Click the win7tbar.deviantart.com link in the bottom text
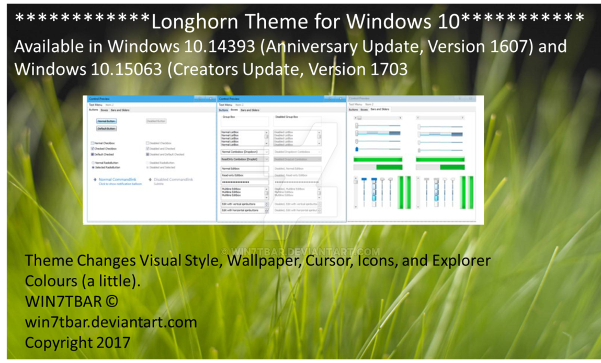click(x=111, y=322)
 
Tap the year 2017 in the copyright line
click(x=113, y=343)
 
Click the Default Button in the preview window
click(x=107, y=128)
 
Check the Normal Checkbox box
click(x=93, y=143)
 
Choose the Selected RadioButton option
click(x=93, y=168)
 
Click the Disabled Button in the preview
click(x=156, y=121)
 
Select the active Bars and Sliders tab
click(x=380, y=109)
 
